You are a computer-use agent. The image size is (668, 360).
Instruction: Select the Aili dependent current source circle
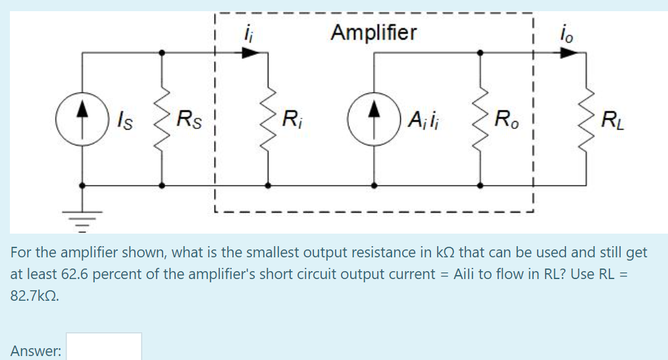pos(373,120)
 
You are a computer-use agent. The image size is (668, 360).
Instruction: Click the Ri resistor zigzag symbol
pos(268,120)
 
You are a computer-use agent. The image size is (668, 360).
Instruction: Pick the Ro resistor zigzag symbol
pos(481,120)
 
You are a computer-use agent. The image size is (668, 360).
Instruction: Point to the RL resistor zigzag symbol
pos(586,120)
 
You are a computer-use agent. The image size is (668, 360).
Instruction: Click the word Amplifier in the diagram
pos(373,32)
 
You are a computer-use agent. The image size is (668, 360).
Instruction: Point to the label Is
pos(122,121)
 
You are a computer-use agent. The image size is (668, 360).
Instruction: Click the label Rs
pos(189,121)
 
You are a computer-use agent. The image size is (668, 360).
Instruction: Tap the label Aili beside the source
pos(425,121)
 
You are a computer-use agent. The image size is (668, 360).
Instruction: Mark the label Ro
pos(506,121)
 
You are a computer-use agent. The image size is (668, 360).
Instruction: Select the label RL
pos(612,121)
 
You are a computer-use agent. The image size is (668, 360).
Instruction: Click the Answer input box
pos(103,347)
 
